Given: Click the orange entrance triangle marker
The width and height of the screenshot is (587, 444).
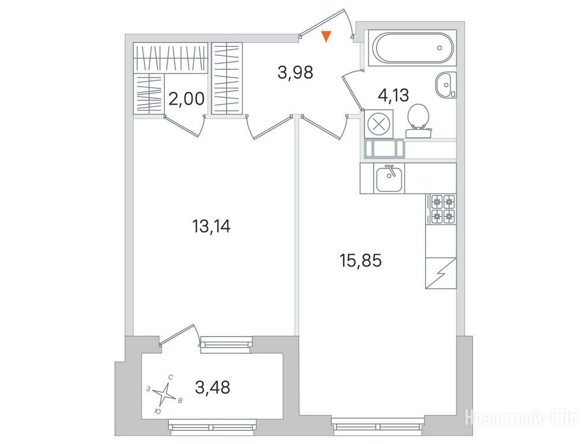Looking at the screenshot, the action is point(326,36).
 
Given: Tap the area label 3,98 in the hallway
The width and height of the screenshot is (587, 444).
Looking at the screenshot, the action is point(296,72).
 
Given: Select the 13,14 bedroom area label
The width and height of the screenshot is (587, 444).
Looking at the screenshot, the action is point(211,226).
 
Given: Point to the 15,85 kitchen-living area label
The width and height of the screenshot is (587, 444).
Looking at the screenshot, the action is point(360,261).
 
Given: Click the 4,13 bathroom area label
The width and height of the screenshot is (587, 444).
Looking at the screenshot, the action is point(393,95).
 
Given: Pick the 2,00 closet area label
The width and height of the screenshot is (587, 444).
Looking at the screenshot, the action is point(186,99).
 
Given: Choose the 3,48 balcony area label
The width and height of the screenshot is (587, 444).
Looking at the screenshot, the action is point(213,387).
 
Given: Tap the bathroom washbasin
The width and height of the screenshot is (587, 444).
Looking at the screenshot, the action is point(446,86).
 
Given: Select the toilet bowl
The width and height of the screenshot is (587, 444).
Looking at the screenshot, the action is point(419,120).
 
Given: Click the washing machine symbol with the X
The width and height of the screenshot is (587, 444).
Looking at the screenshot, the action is point(378,124).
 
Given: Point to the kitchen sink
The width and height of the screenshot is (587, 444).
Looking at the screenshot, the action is point(389,179).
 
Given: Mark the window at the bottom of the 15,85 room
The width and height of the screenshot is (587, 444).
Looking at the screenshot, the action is point(378,427).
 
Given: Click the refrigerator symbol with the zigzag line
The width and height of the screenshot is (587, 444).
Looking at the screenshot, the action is point(441,273).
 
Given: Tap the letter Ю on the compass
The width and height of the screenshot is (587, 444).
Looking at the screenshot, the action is point(158,412).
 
